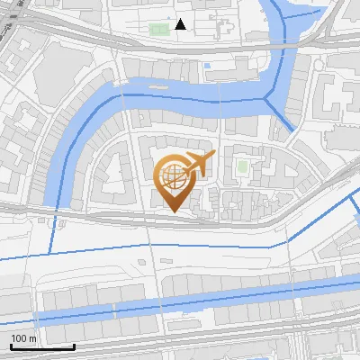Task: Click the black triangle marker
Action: (x=181, y=24)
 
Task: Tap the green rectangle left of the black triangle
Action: (x=158, y=29)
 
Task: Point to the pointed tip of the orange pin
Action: (x=173, y=211)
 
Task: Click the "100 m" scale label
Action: (x=24, y=338)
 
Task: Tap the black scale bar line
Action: (x=41, y=346)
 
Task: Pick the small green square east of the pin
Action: (x=241, y=166)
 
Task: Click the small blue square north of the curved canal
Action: (x=208, y=65)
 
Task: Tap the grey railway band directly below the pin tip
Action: (x=173, y=220)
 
